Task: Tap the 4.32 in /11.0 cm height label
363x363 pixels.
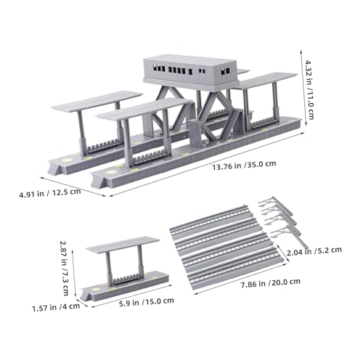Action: click(309, 89)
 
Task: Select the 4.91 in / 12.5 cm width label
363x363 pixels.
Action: click(50, 193)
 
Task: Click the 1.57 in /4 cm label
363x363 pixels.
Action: click(56, 308)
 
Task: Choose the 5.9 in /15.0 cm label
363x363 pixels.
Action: click(147, 302)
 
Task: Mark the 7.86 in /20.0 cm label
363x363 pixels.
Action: click(271, 283)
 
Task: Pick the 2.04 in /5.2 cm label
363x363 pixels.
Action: click(314, 251)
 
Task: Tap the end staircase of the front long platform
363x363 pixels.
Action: click(98, 181)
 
